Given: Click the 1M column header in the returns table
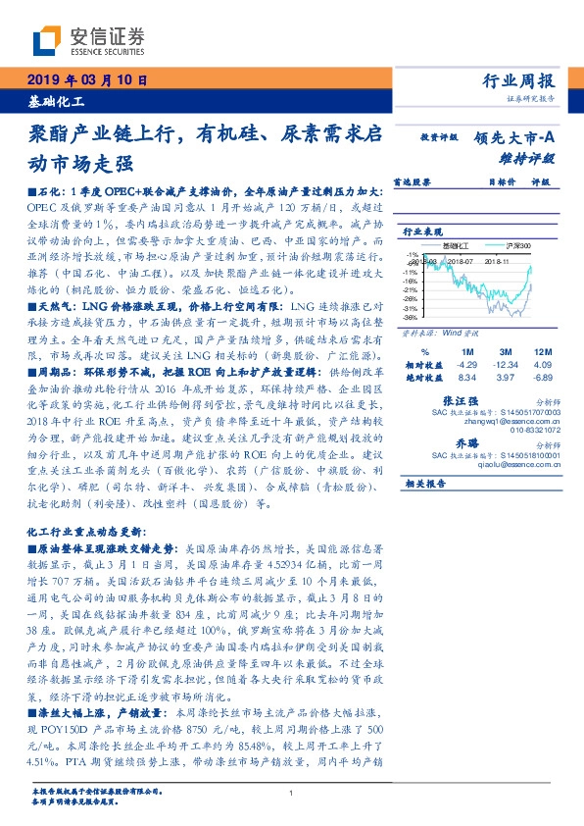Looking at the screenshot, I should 466,350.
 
